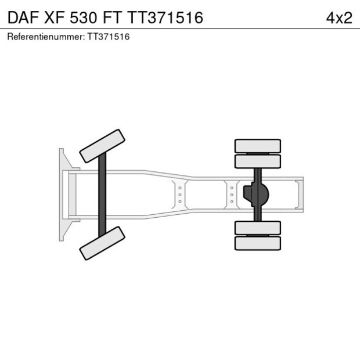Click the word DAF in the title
coord(21,17)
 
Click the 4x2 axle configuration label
coord(339,17)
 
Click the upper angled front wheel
coord(102,146)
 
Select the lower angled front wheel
coord(102,243)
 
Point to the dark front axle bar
coord(102,195)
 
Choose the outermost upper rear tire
coord(257,145)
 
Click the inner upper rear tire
coord(257,161)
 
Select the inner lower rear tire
coord(257,228)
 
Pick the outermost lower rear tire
coord(257,243)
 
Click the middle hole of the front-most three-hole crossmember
coord(180,195)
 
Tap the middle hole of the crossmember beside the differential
coord(232,195)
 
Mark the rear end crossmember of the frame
coord(300,195)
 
